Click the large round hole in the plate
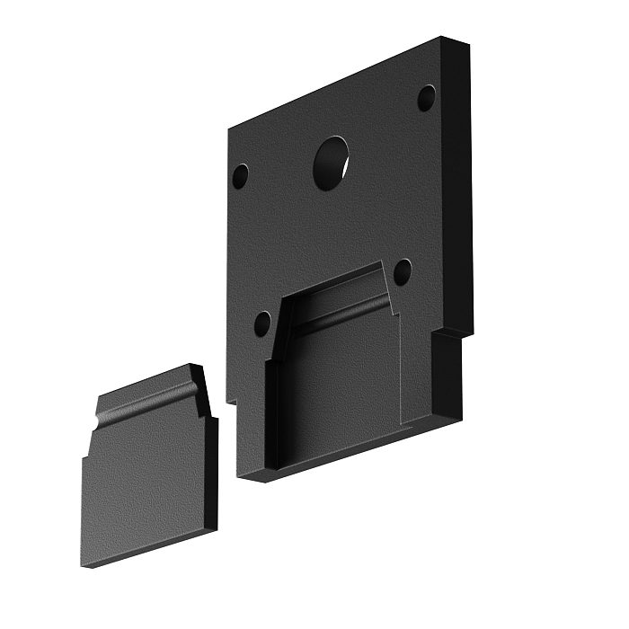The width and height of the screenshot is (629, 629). coord(331,163)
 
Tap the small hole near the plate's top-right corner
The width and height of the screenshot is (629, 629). coord(426,98)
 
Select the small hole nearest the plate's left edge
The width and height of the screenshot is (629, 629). coord(241,175)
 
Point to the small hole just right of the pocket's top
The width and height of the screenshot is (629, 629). coord(403,271)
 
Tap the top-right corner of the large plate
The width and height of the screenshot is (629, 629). coord(444,40)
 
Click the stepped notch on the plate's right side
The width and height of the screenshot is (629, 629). coord(435,335)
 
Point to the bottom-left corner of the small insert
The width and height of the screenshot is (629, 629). coord(84,564)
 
